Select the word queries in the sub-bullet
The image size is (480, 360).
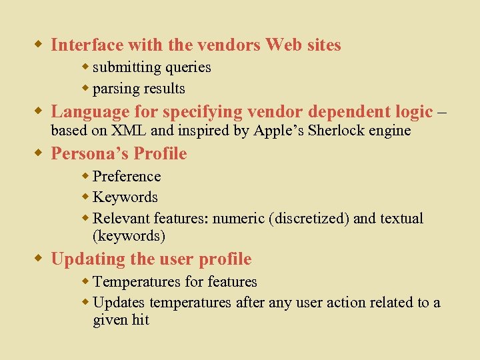point(188,67)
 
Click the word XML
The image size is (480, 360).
point(131,131)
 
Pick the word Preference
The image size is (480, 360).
point(127,177)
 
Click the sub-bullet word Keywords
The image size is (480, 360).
point(125,197)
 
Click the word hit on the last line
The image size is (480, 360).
point(140,320)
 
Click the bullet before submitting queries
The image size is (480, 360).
point(86,67)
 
